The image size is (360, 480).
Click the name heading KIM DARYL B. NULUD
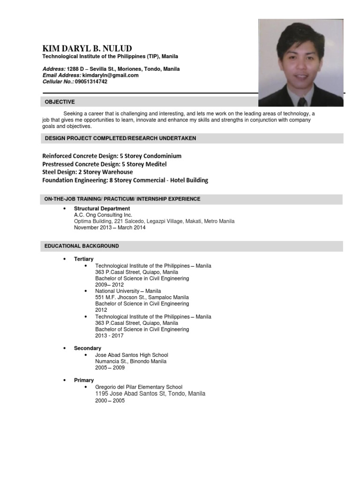click(x=87, y=49)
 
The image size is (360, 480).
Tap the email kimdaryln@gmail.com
click(x=111, y=75)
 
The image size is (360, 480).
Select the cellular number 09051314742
click(x=91, y=82)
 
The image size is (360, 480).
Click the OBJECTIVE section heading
click(x=60, y=102)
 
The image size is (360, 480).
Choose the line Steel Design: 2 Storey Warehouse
click(x=87, y=172)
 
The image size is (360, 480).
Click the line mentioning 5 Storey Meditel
click(x=104, y=164)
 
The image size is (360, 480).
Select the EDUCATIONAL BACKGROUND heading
click(x=82, y=246)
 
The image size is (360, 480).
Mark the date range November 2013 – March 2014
click(x=110, y=228)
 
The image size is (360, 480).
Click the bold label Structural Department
click(x=102, y=209)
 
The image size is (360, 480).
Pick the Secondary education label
click(x=88, y=348)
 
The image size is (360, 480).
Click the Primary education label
click(x=84, y=380)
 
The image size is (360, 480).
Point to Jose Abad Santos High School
click(x=131, y=355)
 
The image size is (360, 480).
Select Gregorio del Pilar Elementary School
click(x=139, y=387)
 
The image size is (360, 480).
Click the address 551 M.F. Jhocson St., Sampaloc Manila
click(x=142, y=297)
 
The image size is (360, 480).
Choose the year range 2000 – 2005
click(x=110, y=401)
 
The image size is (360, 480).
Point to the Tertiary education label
click(x=84, y=259)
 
